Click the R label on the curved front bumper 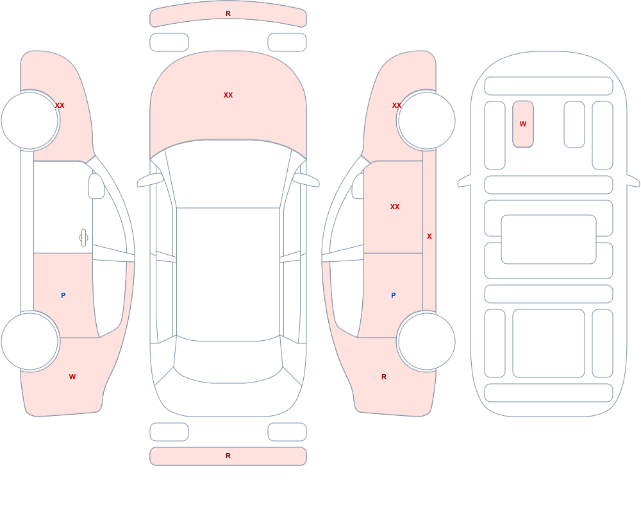(x=228, y=13)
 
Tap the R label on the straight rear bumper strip (x=228, y=456)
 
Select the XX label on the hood (x=228, y=95)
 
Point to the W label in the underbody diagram (x=523, y=124)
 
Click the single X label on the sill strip (x=429, y=236)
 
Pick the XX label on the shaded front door (x=394, y=207)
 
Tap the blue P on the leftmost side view (x=63, y=295)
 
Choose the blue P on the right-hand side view (x=394, y=295)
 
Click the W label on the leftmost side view (x=72, y=377)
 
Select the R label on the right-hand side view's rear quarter (x=384, y=377)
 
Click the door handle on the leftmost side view (x=83, y=238)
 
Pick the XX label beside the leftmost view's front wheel (x=60, y=105)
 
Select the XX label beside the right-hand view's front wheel (x=397, y=105)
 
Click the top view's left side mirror (x=149, y=180)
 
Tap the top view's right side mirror (x=306, y=180)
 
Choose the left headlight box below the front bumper (x=169, y=42)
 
